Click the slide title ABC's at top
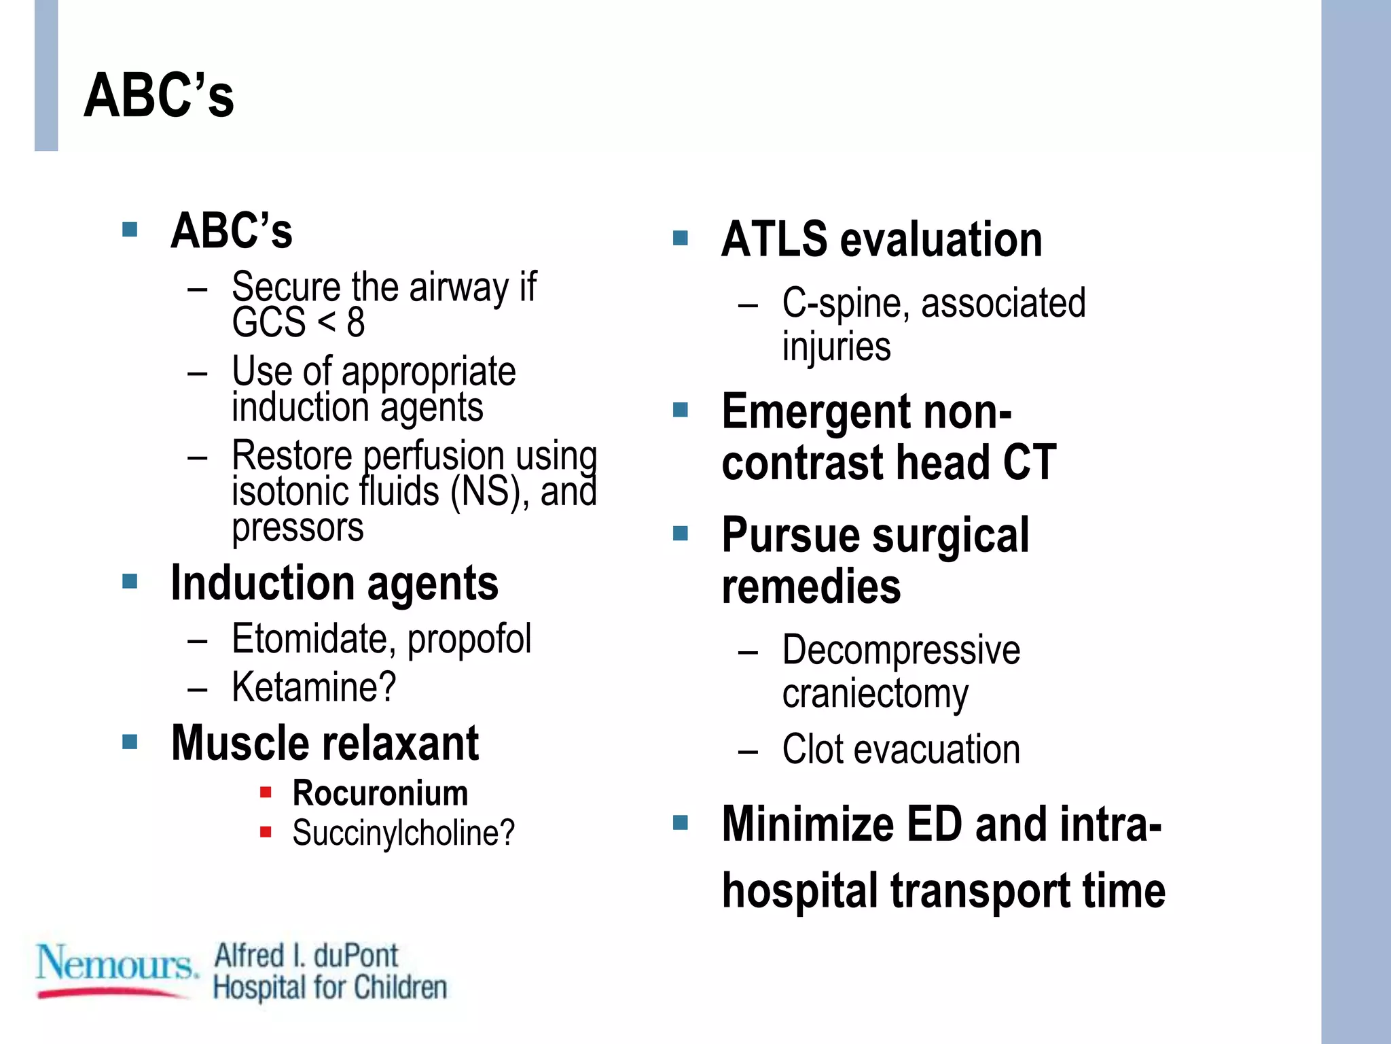click(159, 96)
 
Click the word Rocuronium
click(380, 793)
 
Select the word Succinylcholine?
click(403, 833)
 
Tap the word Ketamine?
click(314, 687)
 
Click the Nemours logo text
click(115, 964)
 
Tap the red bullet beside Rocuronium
click(266, 792)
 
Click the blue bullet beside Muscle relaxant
click(130, 741)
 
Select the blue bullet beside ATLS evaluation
click(680, 238)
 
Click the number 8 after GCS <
click(356, 323)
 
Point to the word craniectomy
click(875, 695)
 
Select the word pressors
click(297, 528)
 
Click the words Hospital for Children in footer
click(330, 988)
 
